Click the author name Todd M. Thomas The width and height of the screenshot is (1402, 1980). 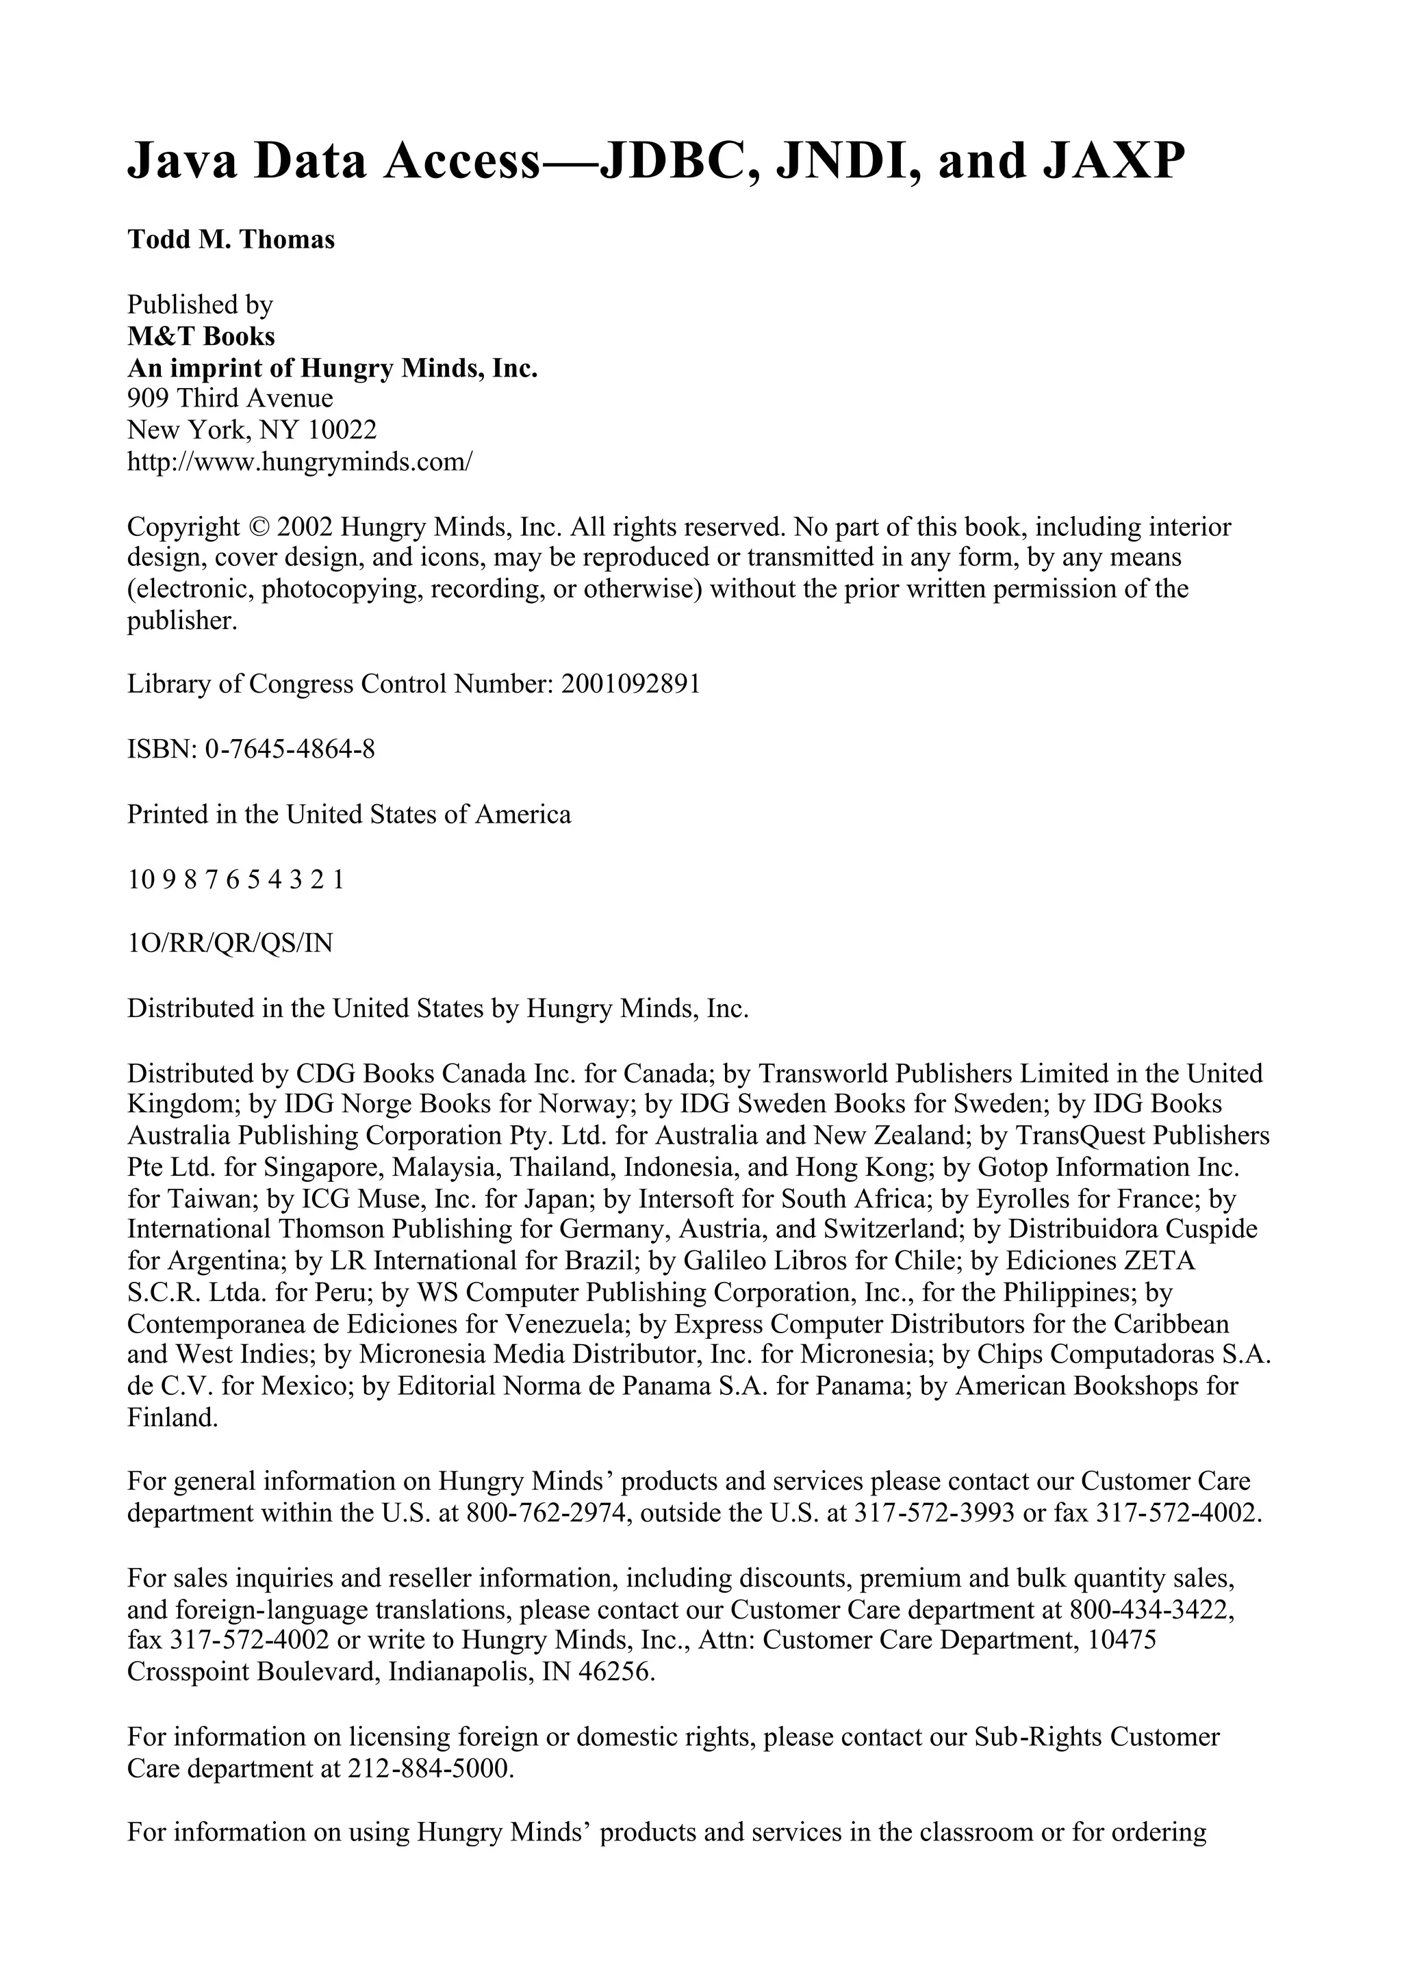[231, 239]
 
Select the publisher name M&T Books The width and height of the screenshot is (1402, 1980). [201, 336]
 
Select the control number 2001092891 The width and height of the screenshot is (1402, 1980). [630, 684]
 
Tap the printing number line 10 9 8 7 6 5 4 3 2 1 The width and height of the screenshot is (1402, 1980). [235, 879]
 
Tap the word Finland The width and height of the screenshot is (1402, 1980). [173, 1417]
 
